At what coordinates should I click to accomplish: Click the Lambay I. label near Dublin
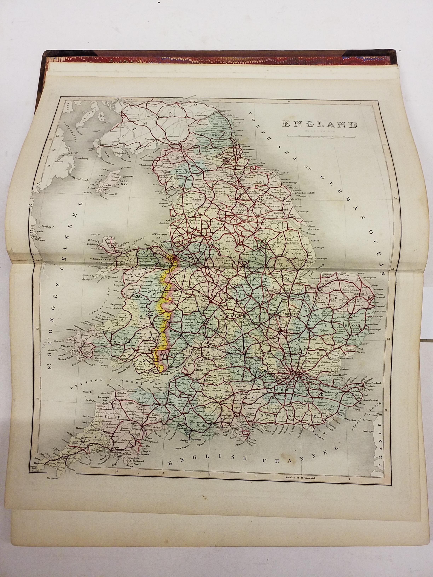pyautogui.click(x=48, y=227)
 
